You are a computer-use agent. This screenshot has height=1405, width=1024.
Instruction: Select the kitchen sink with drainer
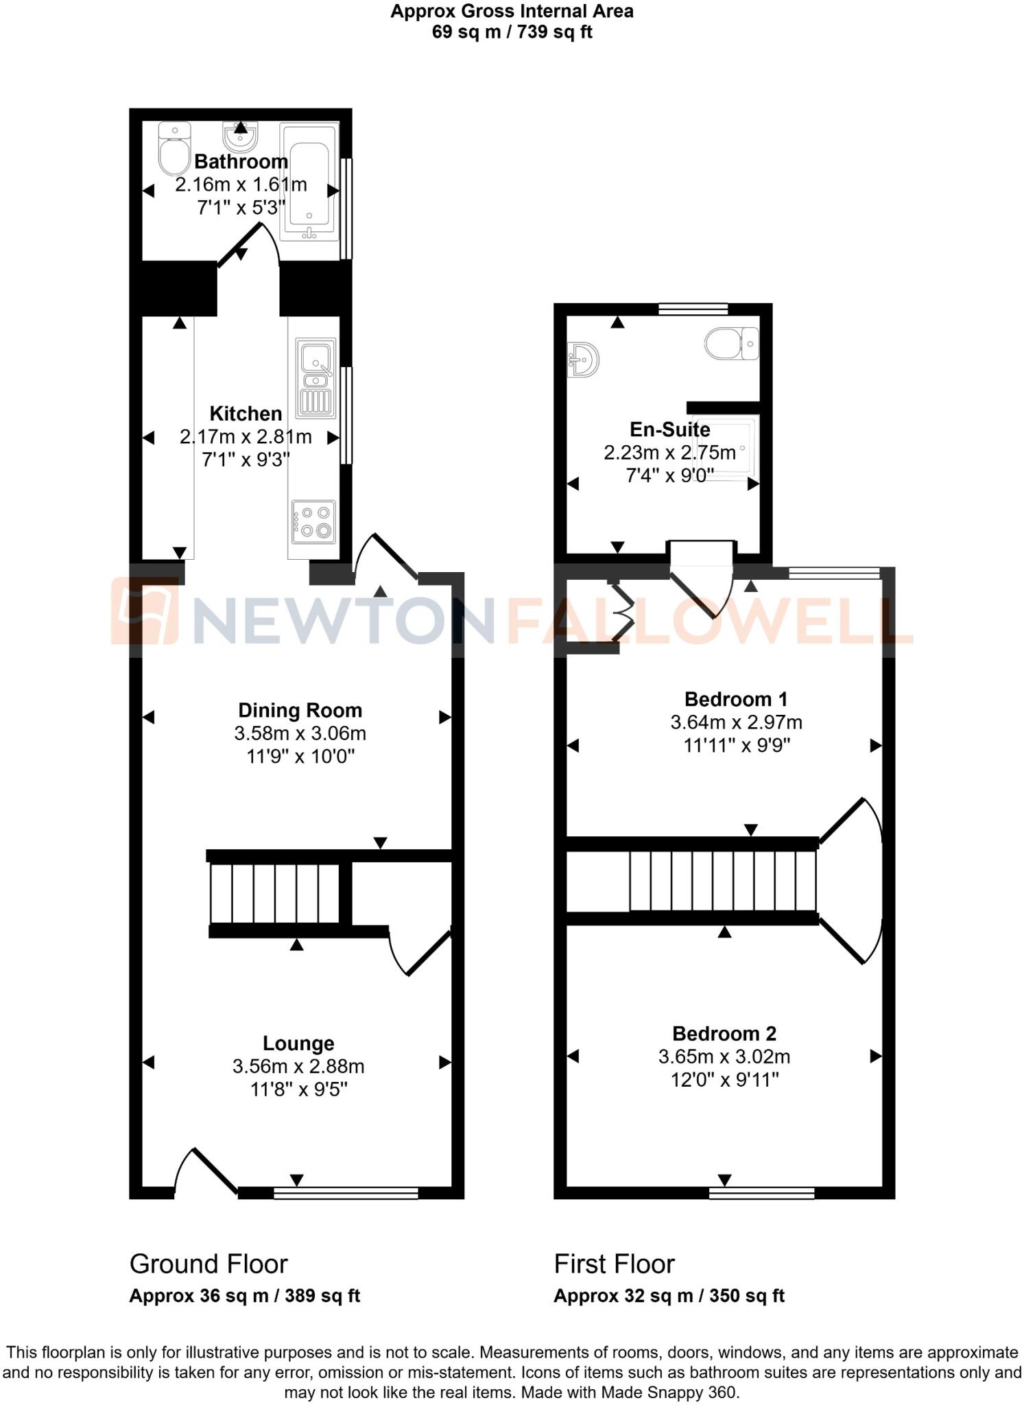[x=315, y=377]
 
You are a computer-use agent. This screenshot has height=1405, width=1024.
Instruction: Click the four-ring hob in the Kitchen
[x=314, y=521]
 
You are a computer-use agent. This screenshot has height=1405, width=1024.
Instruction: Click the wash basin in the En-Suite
[x=584, y=359]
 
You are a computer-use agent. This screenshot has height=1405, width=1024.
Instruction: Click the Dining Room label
[x=300, y=710]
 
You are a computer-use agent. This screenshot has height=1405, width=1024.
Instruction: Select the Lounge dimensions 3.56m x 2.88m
[x=298, y=1066]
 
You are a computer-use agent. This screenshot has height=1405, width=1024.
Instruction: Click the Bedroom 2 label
[x=724, y=1033]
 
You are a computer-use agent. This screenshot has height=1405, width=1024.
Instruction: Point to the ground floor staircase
[x=275, y=893]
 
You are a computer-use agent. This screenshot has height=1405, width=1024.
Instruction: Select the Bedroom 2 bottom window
[x=761, y=1194]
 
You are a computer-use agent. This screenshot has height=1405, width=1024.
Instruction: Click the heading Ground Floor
[x=209, y=1264]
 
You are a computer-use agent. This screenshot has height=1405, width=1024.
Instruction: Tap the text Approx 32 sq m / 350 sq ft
[x=669, y=1296]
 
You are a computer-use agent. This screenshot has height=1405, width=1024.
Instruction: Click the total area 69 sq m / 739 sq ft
[x=512, y=32]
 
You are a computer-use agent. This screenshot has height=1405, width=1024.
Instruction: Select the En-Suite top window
[x=693, y=309]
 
